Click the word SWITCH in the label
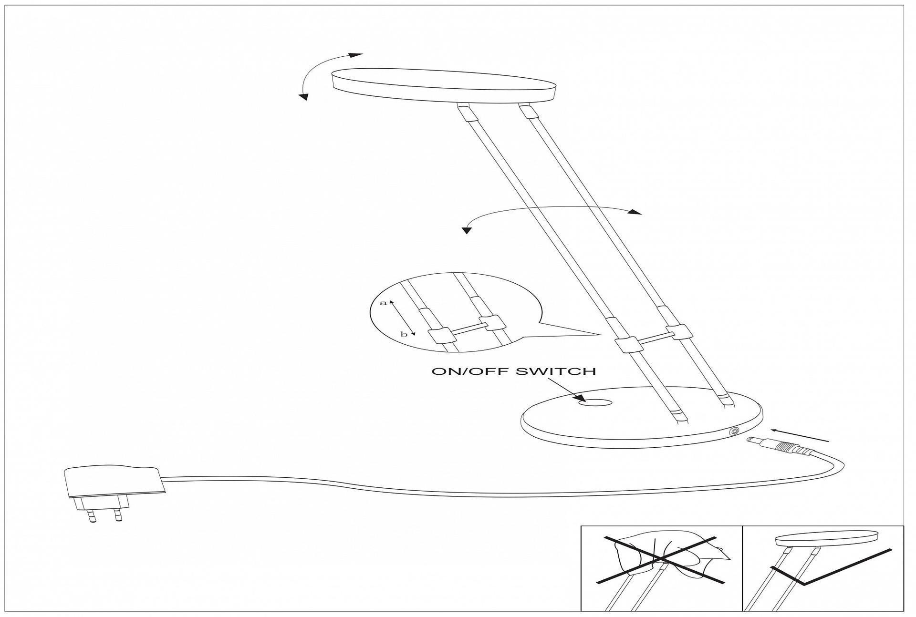coord(556,371)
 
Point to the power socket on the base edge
coord(733,432)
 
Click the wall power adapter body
coord(113,482)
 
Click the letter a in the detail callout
coord(382,303)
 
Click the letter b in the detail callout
coord(404,334)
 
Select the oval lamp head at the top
coord(444,86)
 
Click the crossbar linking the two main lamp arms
coord(653,338)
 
